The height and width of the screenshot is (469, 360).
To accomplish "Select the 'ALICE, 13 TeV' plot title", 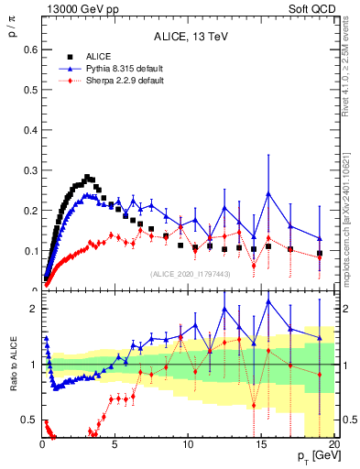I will coord(190,37).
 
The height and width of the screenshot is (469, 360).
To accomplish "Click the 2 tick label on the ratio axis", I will coord(32,309).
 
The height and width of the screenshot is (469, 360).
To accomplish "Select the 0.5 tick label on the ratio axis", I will coord(28,420).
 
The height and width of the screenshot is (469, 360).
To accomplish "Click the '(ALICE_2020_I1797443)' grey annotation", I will coord(190,274).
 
